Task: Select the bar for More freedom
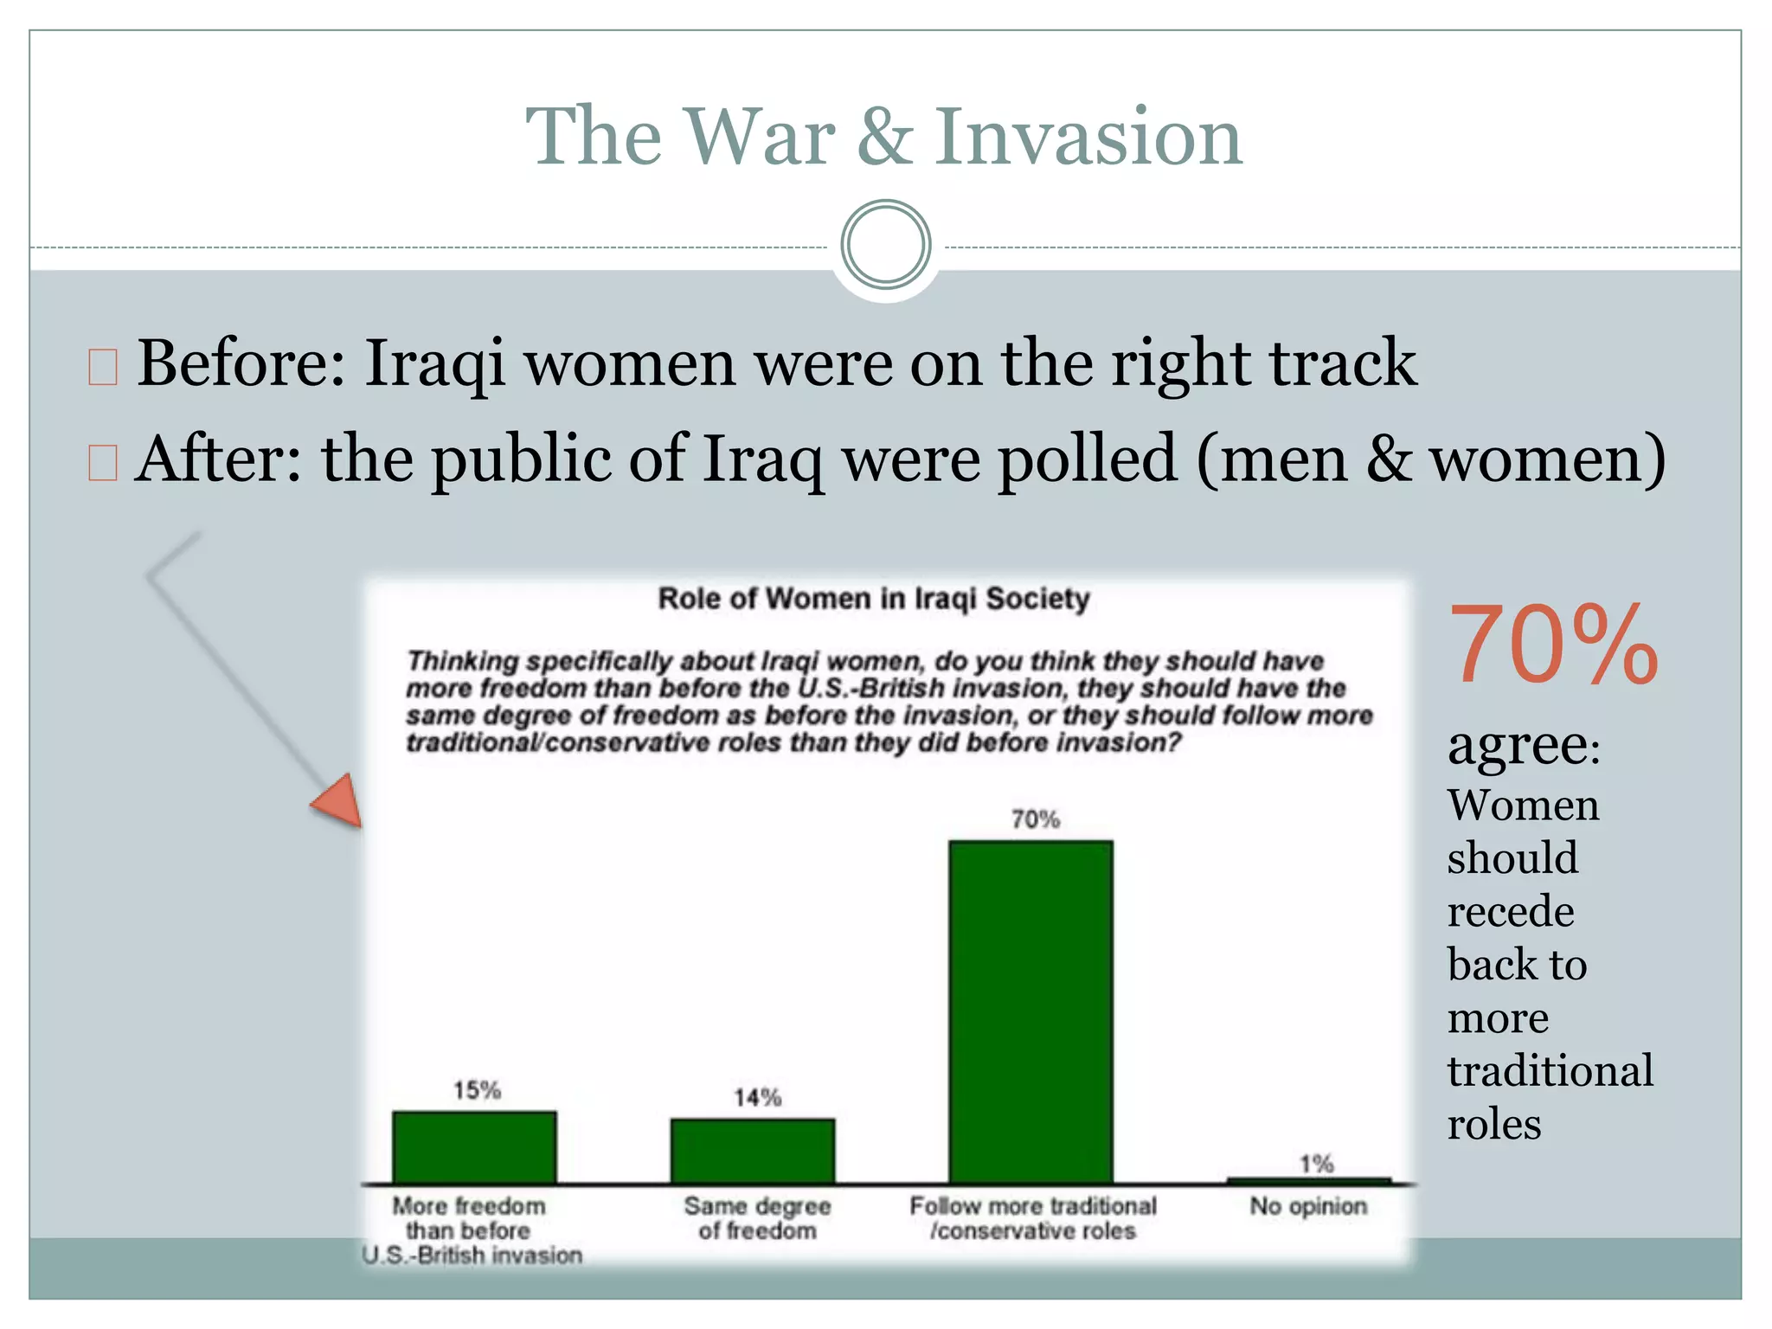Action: point(474,1147)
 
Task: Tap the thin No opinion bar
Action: point(1308,1180)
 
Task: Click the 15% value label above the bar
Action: point(477,1090)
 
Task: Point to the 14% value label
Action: point(757,1097)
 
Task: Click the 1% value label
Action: point(1316,1164)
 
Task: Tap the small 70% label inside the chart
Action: point(1035,819)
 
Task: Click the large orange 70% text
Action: point(1553,645)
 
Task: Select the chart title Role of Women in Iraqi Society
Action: point(873,599)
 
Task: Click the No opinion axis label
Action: point(1308,1206)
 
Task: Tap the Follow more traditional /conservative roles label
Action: point(1032,1218)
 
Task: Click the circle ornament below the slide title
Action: point(885,245)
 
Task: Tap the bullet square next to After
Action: point(103,462)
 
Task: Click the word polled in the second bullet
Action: point(1088,459)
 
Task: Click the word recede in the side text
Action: point(1511,911)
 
